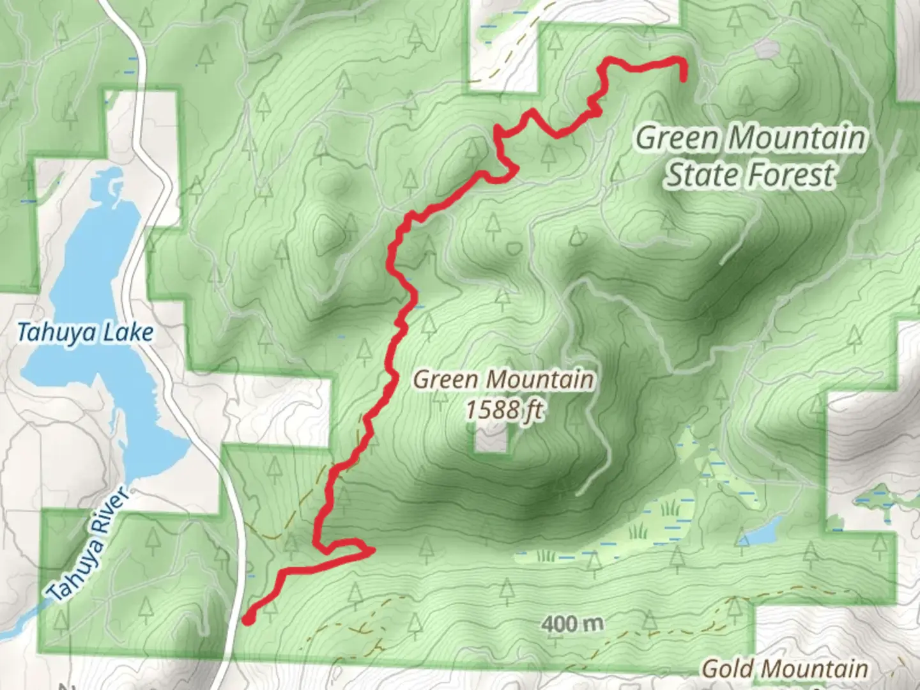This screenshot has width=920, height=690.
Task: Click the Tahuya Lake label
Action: point(85,333)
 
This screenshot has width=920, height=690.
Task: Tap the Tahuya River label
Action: point(89,545)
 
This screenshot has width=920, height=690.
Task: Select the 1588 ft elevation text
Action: point(503,409)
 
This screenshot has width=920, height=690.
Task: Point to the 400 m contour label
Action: point(572,622)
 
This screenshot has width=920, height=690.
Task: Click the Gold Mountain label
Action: point(785,669)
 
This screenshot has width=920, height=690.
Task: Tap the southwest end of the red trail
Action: point(247,618)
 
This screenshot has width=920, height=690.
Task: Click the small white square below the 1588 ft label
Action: point(491,441)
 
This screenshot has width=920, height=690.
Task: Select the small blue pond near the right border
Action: point(762,532)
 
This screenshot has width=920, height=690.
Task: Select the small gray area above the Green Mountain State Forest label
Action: point(765,49)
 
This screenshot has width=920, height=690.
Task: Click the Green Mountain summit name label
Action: point(503,380)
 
